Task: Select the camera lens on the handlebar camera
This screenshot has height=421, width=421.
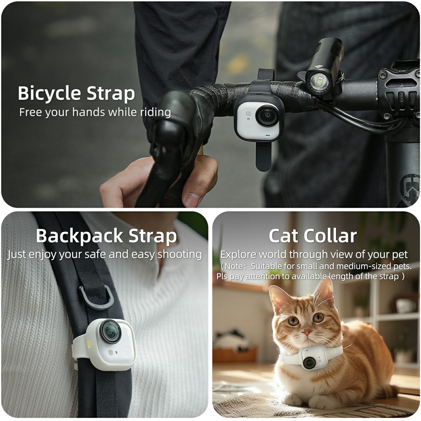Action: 266,116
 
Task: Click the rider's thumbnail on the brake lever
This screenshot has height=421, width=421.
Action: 192,200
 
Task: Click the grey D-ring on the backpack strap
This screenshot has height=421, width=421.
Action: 96,297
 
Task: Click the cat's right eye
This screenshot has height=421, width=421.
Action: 293,321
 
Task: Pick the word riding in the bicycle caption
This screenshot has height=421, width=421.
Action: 155,113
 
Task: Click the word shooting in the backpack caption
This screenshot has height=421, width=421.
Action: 179,255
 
